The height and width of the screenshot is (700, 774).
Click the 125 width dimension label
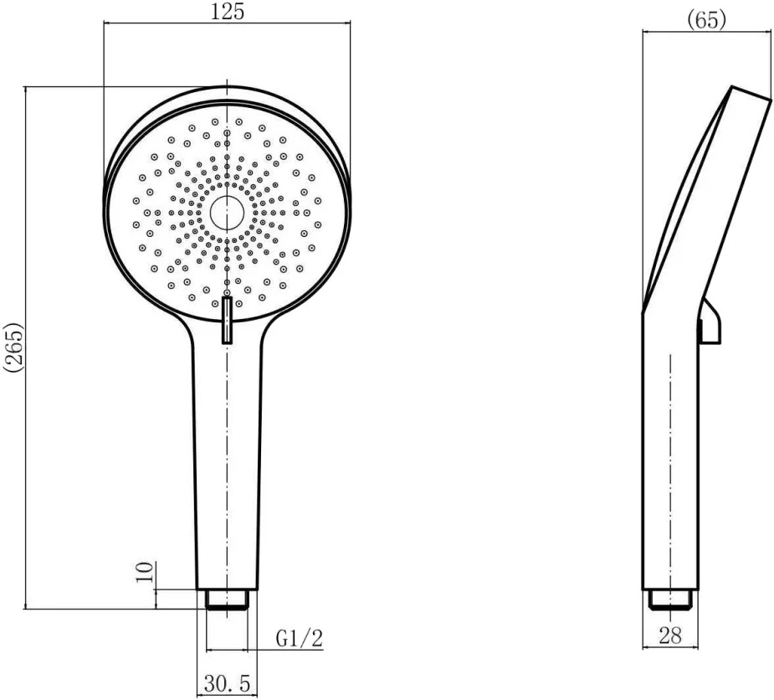tap(228, 11)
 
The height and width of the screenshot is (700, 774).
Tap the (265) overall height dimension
tap(13, 347)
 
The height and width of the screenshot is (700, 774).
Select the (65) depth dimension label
tap(707, 19)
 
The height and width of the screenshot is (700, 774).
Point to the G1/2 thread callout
tap(299, 638)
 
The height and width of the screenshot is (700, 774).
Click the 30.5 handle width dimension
tap(227, 684)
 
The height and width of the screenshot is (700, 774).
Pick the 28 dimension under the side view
tap(670, 636)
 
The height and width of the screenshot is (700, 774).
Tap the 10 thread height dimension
tap(145, 573)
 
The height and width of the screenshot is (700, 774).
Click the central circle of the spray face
tap(227, 213)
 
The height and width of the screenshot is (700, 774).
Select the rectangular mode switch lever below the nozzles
tap(227, 320)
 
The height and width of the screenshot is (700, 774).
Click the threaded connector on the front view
tap(227, 600)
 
